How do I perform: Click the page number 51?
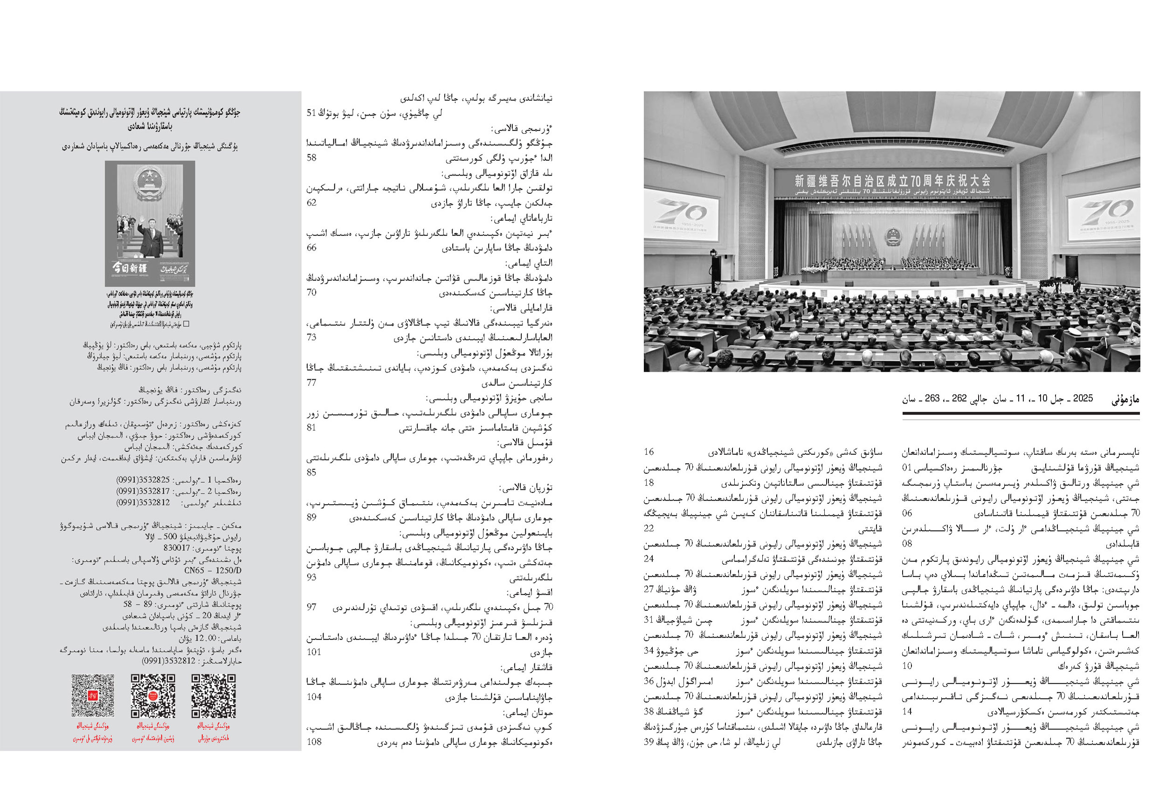click(311, 113)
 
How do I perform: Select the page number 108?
click(314, 741)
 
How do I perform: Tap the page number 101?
click(313, 652)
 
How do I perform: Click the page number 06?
click(907, 513)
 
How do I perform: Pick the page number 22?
click(649, 528)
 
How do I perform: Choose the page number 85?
click(311, 472)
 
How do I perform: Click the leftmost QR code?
click(92, 696)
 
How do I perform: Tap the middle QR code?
click(153, 696)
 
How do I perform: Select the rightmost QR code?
click(214, 696)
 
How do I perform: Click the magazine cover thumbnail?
click(150, 224)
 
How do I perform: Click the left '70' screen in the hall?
click(682, 212)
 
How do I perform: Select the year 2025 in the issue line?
click(1083, 398)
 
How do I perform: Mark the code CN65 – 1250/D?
click(213, 570)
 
